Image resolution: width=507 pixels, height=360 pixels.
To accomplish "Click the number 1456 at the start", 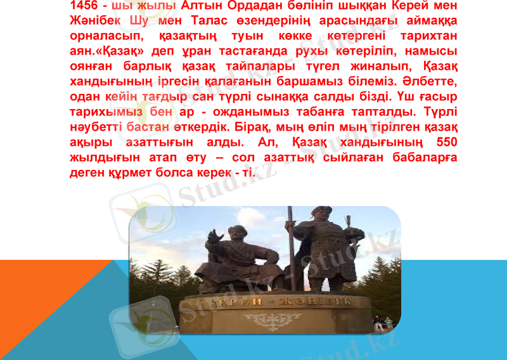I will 87,6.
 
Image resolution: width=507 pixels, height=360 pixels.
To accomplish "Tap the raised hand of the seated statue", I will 217,236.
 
